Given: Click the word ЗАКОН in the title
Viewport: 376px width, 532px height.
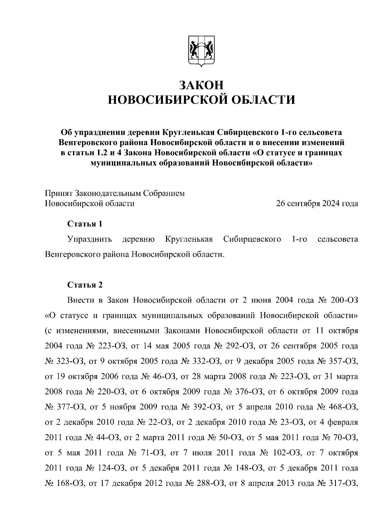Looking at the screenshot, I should point(201,85).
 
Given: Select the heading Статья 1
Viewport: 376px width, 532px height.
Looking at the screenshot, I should point(85,224).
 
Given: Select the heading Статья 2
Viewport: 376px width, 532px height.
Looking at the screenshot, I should point(85,285).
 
